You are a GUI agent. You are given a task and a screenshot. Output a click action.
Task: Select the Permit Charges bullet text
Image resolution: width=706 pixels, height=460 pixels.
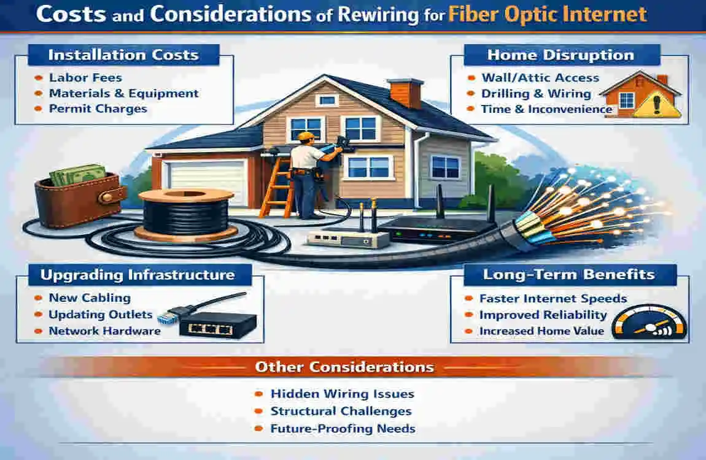[98, 109]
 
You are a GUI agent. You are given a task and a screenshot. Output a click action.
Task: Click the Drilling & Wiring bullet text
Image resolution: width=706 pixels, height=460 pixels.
[536, 94]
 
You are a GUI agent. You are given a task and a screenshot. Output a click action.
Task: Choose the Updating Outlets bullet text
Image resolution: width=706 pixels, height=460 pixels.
[101, 315]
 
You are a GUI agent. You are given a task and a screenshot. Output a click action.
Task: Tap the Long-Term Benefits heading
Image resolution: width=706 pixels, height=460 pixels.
[560, 274]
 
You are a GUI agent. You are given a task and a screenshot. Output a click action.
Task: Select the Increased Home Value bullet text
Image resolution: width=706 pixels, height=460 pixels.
[542, 331]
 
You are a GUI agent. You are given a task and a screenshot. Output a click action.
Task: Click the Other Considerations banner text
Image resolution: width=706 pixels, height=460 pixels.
[344, 367]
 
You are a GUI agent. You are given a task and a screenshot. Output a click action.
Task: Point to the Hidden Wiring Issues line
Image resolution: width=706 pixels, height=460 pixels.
[343, 394]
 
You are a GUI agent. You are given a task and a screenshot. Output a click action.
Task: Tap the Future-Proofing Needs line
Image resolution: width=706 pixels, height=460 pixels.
[343, 428]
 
